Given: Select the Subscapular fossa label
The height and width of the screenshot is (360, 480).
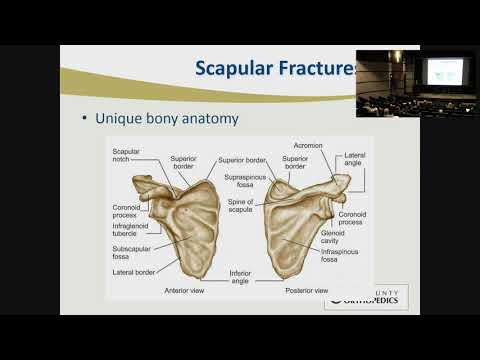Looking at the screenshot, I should tap(130, 249).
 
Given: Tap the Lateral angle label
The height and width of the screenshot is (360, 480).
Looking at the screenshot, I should tap(355, 161).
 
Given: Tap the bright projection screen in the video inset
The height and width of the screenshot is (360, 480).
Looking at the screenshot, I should tap(445, 70).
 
